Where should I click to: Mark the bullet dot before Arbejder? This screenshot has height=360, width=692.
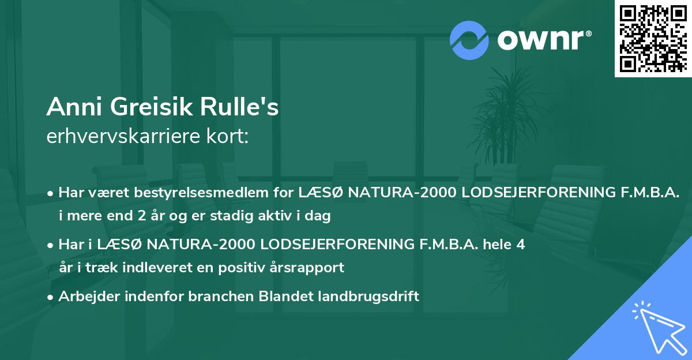coord(51,297)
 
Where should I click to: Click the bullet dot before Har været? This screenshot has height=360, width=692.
coord(51,193)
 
